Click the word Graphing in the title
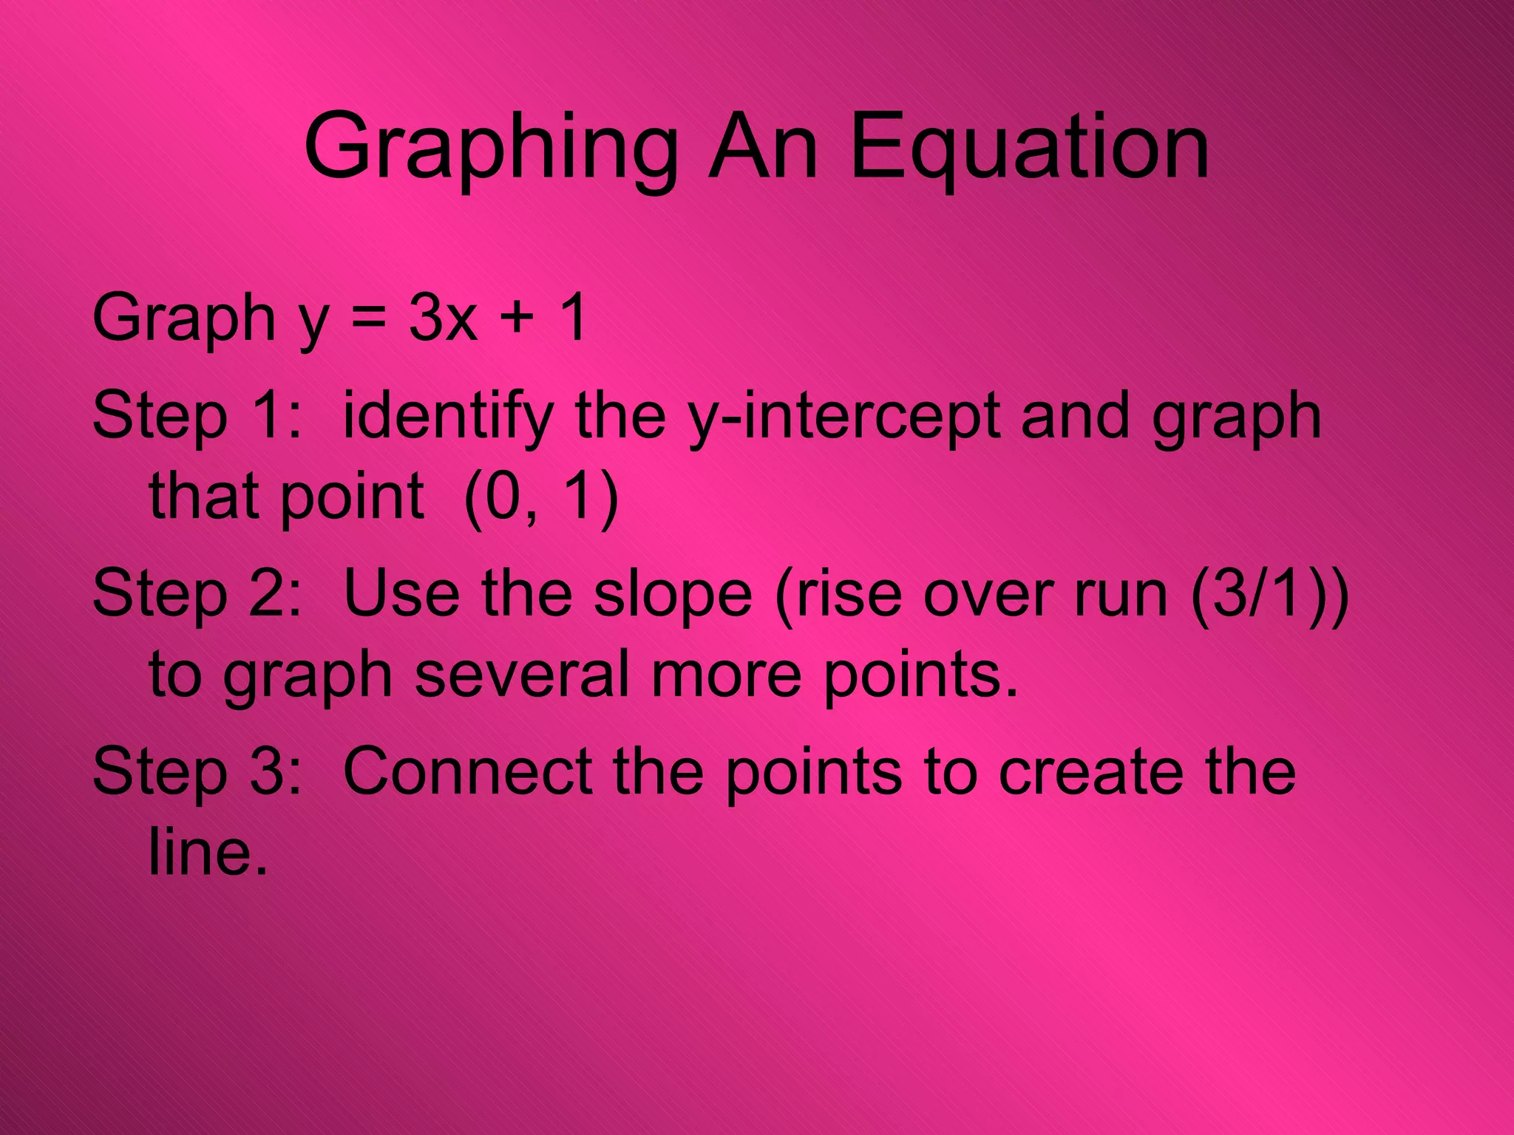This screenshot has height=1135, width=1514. coord(490,148)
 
